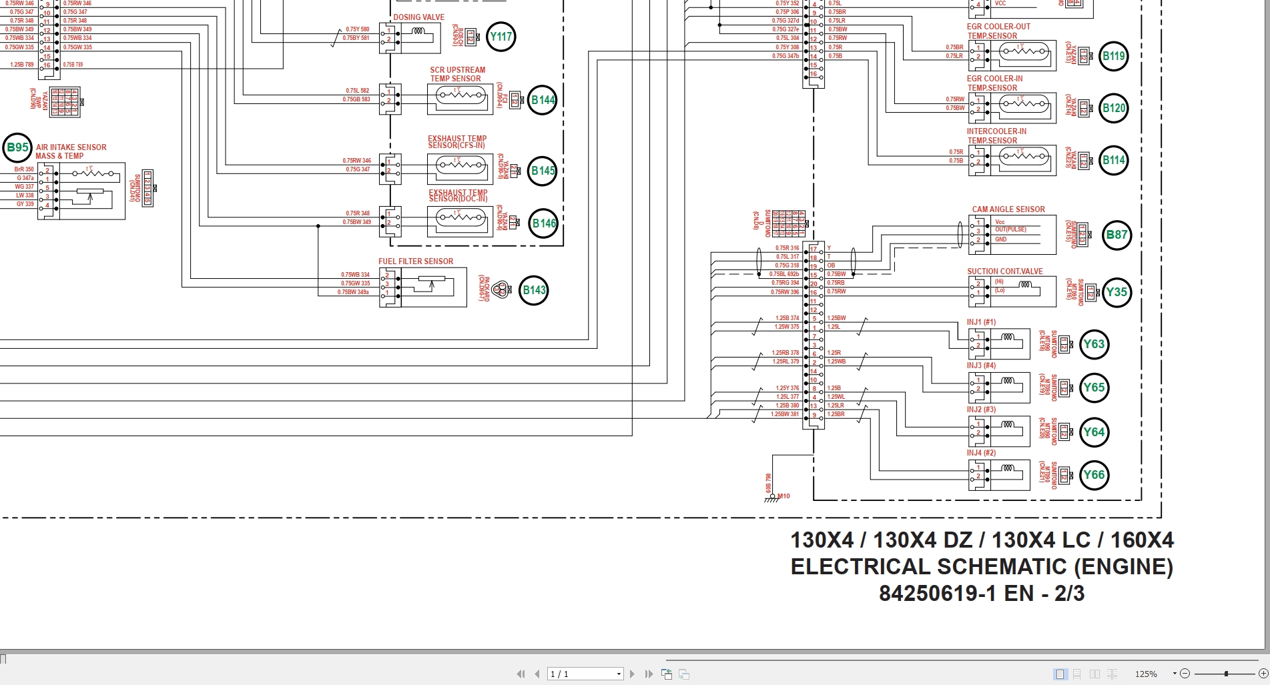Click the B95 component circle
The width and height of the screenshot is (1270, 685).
coord(18,148)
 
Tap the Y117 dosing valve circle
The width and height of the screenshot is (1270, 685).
coord(501,37)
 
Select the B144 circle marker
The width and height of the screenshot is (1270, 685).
coord(543,100)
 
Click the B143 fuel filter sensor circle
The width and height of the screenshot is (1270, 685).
coord(534,290)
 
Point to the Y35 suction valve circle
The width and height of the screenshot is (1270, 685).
coord(1116,292)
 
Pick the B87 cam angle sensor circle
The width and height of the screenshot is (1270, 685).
coord(1117,235)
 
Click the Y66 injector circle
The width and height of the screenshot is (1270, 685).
coord(1094,475)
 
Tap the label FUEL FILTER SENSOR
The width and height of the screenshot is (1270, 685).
coord(416,261)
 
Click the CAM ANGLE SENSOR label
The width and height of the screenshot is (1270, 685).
coord(1008,209)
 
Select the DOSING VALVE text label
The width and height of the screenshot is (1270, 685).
coord(418,17)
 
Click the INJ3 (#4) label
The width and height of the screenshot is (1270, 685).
coord(981,366)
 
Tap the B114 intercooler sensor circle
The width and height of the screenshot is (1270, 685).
coord(1113,160)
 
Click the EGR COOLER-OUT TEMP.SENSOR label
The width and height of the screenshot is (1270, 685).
coord(998,31)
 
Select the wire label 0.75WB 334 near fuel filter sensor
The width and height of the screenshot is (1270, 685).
coord(355,275)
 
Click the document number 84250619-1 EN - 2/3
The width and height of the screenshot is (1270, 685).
coord(981,593)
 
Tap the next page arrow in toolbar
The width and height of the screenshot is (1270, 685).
coord(633,674)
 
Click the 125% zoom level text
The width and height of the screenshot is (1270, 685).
coord(1146,674)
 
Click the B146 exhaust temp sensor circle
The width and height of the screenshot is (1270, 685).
coord(544,223)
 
